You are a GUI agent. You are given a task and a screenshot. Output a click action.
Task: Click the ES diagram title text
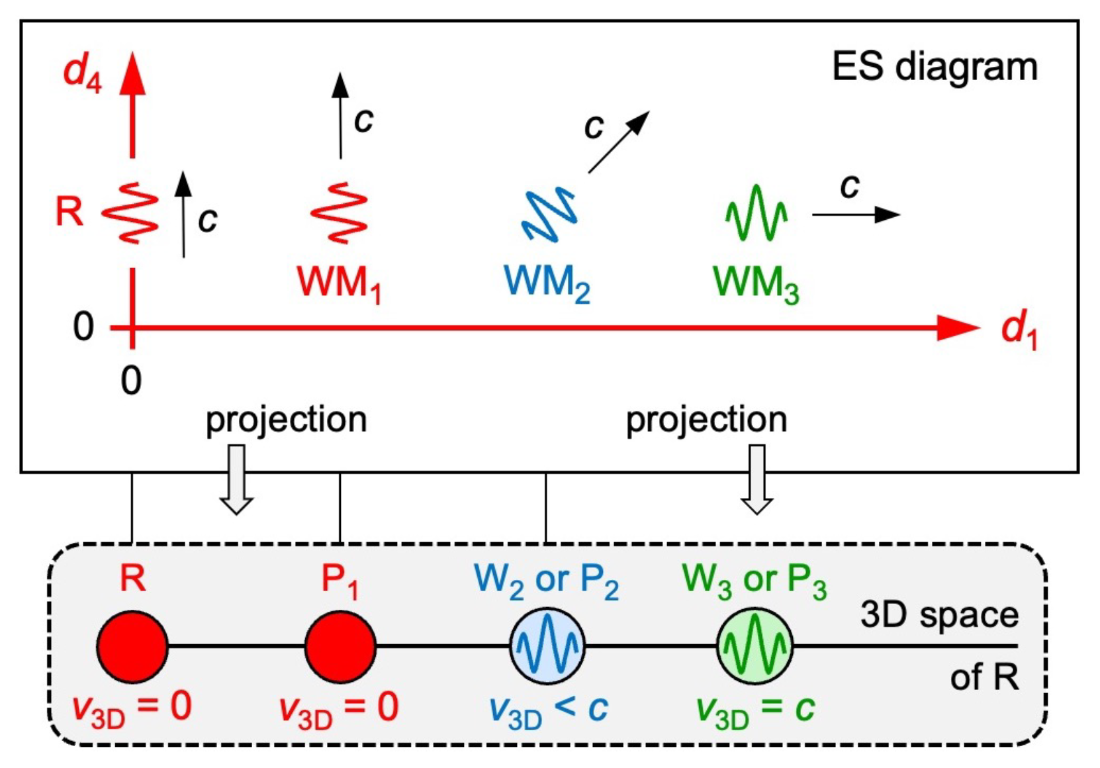point(934,67)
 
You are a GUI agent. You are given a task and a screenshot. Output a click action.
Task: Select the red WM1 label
point(339,283)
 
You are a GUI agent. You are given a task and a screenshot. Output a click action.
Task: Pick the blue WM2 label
point(547,283)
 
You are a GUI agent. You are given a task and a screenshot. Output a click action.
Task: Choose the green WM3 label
point(756,283)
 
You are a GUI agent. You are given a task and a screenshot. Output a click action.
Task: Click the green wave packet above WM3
point(756,213)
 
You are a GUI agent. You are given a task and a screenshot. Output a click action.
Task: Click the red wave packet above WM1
point(339,213)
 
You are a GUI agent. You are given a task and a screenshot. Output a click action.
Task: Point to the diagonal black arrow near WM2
point(618,142)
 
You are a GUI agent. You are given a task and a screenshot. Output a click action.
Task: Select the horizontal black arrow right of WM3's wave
point(855,215)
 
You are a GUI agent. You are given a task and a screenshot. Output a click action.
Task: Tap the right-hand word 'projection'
point(706,420)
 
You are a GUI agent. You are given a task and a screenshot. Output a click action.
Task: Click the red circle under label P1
point(340,647)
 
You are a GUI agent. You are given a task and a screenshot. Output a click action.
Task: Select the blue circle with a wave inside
point(547,647)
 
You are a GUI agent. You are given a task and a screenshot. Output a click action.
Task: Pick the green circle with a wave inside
point(755,647)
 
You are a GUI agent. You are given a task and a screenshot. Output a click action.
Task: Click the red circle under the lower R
point(132,647)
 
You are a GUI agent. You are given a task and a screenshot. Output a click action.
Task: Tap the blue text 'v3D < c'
point(548,710)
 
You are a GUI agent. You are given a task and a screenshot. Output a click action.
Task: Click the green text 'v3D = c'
point(755,710)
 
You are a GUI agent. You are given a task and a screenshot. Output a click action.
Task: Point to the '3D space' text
point(939,616)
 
